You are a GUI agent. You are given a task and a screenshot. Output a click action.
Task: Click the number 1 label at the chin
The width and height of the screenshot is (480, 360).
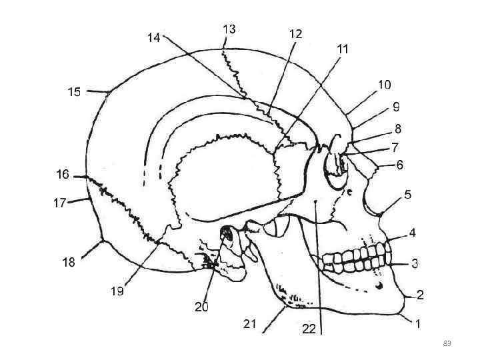pos(418,325)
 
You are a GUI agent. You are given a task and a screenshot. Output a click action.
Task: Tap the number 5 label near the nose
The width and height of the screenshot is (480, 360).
pos(407,195)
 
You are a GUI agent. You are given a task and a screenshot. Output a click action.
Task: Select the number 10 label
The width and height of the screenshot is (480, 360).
pos(385,85)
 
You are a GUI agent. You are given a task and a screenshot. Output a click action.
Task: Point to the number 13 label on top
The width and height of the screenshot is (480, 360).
pos(229,29)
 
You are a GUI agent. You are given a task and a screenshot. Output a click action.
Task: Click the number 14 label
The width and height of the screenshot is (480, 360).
pos(153,38)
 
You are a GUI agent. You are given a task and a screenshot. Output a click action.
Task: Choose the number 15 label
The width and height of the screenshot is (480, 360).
pos(74,92)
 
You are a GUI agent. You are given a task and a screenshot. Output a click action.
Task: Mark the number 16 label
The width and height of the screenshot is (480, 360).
pos(63,175)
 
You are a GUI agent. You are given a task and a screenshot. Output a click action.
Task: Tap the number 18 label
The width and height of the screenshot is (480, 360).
pos(69,263)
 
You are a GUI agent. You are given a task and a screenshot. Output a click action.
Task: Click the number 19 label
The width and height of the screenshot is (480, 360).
pos(117,291)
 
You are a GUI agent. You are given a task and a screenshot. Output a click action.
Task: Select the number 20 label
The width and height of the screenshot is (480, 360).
pos(201,307)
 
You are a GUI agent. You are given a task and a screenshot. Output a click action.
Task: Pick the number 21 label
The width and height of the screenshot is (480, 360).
pos(250,324)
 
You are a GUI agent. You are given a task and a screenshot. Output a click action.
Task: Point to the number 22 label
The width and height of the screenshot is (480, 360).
pos(309,329)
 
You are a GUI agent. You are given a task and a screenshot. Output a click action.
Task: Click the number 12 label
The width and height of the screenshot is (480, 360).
pos(295,33)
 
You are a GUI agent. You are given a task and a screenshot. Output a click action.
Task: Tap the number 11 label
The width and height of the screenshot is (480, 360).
pos(343,49)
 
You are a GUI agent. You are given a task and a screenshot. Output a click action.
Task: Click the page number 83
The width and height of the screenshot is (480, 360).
pos(447,343)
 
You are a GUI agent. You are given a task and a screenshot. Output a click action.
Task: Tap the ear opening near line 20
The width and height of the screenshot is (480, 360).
pos(226,234)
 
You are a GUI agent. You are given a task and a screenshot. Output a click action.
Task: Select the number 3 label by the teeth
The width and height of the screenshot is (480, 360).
pos(414,263)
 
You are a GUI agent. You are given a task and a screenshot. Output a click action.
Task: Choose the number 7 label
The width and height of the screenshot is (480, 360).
pos(395,147)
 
